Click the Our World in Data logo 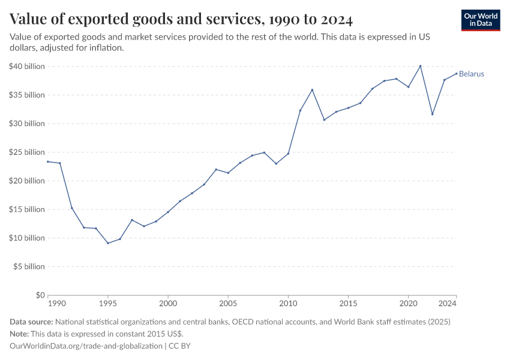click(x=481, y=20)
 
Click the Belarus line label click(x=472, y=74)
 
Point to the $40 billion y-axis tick click(x=27, y=67)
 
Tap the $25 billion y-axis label click(x=27, y=152)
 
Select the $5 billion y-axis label click(x=29, y=266)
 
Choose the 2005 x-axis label click(x=228, y=305)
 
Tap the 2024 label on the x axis click(x=448, y=305)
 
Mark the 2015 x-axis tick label click(x=348, y=305)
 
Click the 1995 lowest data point click(x=108, y=243)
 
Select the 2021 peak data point click(x=421, y=66)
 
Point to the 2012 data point click(x=312, y=90)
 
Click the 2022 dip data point click(x=433, y=115)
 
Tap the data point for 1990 click(x=48, y=161)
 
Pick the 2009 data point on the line click(x=276, y=164)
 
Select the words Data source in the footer click(x=31, y=322)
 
